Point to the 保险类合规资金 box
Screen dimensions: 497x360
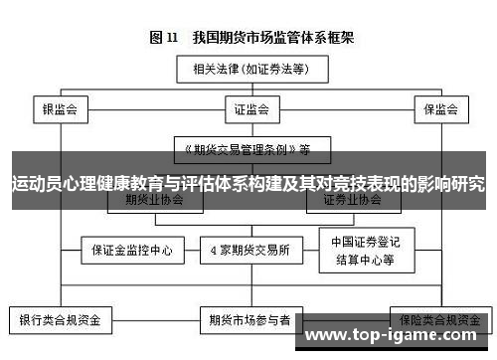pyautogui.click(x=438, y=320)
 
